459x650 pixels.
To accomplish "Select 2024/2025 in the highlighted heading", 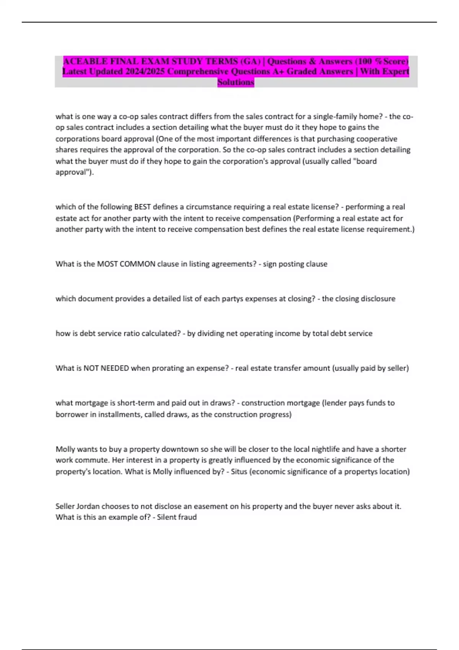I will pyautogui.click(x=145, y=71).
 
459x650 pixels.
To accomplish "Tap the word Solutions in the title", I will pyautogui.click(x=236, y=82).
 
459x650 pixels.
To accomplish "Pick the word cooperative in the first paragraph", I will pyautogui.click(x=377, y=139).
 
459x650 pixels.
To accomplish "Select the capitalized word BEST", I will pyautogui.click(x=142, y=207).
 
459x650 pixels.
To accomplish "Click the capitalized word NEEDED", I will pyautogui.click(x=114, y=368).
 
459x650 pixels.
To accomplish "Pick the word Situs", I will pyautogui.click(x=239, y=471).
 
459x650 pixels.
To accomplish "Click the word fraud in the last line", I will pyautogui.click(x=187, y=517).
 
